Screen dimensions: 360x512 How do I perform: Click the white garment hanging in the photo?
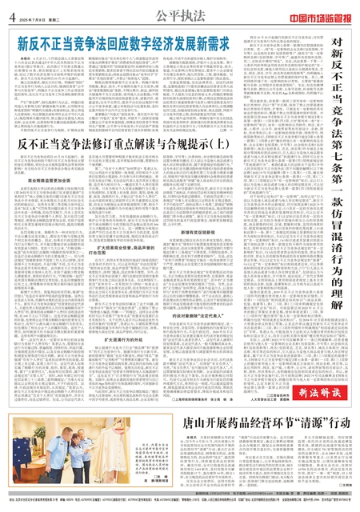click(x=33, y=475)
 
